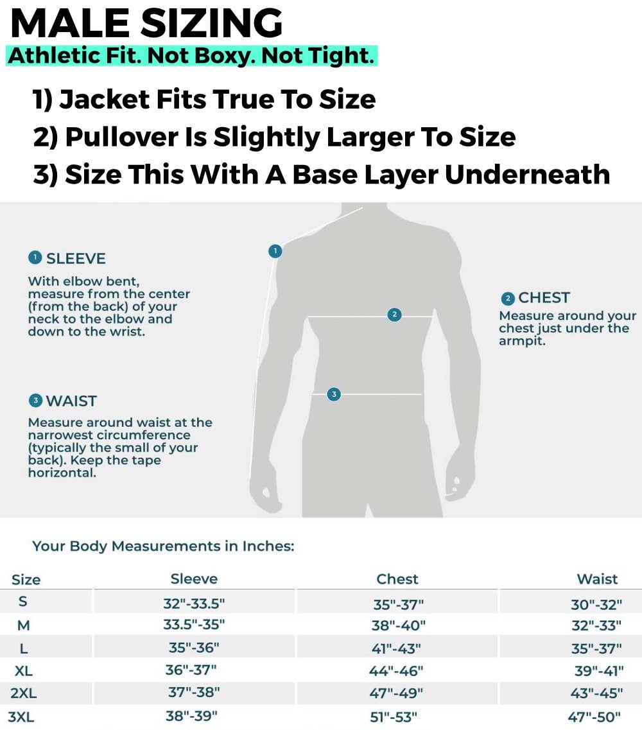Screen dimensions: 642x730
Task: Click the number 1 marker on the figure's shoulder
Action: point(275,251)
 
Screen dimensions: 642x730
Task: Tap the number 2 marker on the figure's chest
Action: point(394,315)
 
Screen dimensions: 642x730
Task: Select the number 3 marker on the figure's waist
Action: point(334,394)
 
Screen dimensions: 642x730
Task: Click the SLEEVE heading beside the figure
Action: point(76,258)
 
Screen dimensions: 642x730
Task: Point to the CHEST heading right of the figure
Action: point(544,297)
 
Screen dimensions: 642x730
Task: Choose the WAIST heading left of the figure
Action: point(71,401)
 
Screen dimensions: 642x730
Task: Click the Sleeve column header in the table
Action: point(194,578)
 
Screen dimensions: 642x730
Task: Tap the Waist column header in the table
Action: point(597,578)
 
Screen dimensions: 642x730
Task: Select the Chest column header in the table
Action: point(397,578)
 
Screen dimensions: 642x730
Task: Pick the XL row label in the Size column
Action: point(23,671)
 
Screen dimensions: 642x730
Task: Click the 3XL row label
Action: point(21,717)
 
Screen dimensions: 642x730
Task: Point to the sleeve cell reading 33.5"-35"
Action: point(194,624)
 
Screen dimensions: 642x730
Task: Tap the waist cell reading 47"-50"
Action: point(594,717)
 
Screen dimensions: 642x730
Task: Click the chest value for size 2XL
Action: point(396,693)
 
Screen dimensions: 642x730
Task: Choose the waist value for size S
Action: point(596,604)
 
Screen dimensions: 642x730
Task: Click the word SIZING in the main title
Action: point(212,23)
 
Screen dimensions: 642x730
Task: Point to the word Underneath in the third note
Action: point(527,175)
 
